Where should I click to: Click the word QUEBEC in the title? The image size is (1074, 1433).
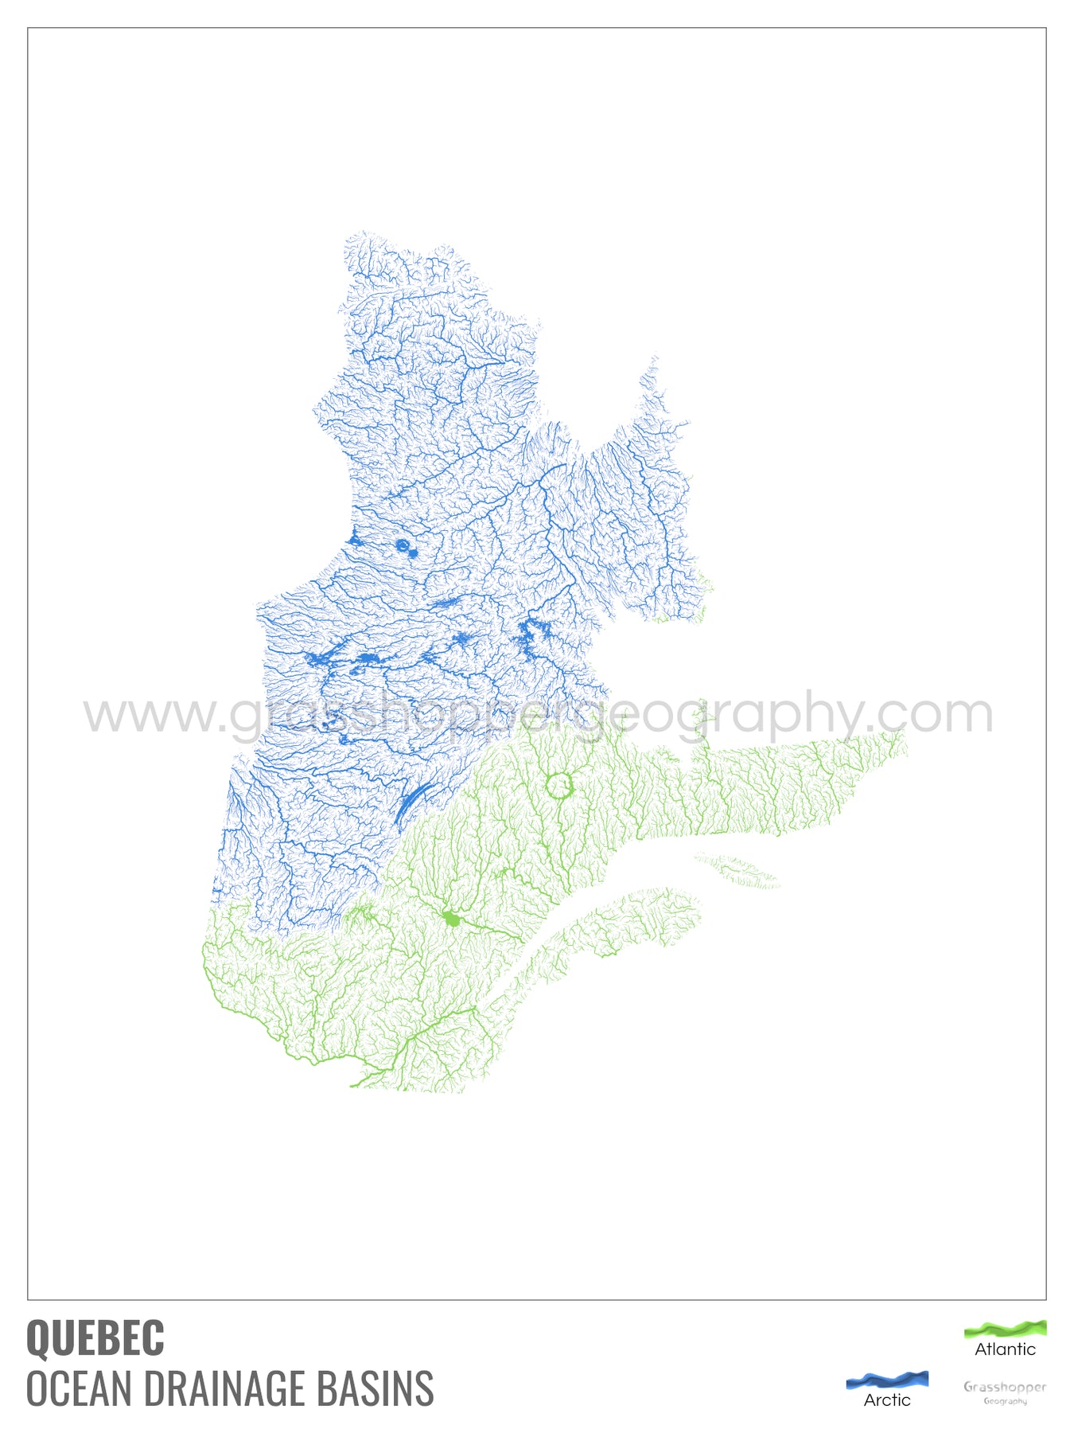click(95, 1337)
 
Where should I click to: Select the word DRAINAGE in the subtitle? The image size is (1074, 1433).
click(223, 1388)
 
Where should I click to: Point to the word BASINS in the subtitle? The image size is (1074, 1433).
click(376, 1388)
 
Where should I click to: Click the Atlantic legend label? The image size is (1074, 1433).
click(1005, 1349)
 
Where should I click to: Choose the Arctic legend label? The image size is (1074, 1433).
click(887, 1400)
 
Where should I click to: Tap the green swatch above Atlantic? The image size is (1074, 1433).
click(1005, 1328)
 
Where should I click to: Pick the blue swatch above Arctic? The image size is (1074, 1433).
click(887, 1380)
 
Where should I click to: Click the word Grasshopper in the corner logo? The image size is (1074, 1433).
click(1005, 1387)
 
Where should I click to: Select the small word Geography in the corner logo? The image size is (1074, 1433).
click(1005, 1401)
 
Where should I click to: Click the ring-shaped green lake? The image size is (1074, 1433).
click(559, 786)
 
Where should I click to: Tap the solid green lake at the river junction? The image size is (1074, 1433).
click(452, 920)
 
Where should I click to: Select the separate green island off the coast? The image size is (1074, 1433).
click(737, 870)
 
